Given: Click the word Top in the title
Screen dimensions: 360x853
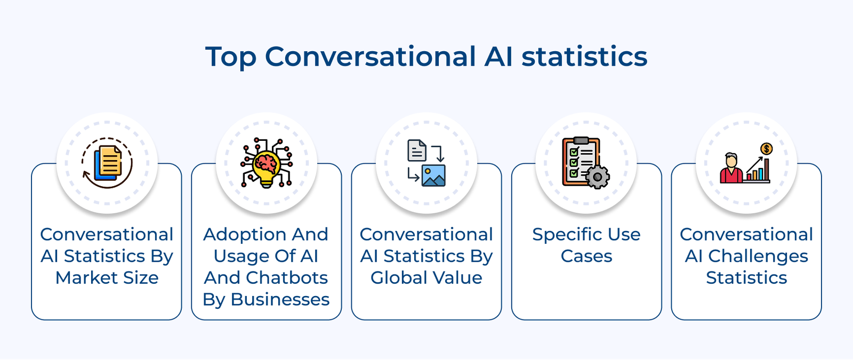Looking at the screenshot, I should [230, 57].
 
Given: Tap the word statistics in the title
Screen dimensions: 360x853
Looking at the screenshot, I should [584, 57].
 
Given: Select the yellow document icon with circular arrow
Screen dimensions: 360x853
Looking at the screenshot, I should [107, 163].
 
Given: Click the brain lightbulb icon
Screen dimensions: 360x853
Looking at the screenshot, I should [267, 163].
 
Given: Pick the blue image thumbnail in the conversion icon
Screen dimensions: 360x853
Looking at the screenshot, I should [433, 175].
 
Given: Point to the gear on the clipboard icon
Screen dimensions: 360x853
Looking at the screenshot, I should [598, 177].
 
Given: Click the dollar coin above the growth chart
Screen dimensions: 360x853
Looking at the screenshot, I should [767, 149].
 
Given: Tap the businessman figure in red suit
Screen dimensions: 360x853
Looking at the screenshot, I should [731, 169].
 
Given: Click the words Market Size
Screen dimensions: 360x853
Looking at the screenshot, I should [107, 278].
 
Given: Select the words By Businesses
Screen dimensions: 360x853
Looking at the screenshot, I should [266, 300].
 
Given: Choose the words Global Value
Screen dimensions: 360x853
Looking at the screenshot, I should [426, 278].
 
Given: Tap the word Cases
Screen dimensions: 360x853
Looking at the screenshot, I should [586, 256].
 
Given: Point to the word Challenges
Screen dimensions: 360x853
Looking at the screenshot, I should [758, 257].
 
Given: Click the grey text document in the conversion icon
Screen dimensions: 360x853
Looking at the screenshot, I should [417, 150].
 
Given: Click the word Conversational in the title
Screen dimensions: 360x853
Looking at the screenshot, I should [370, 57].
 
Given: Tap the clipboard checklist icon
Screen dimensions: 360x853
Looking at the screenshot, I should [581, 161].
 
